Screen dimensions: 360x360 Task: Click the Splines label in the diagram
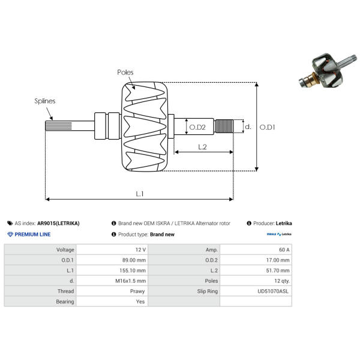(x=45, y=101)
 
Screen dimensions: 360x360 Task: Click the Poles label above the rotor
(x=125, y=73)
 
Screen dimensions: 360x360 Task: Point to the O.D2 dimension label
(x=197, y=127)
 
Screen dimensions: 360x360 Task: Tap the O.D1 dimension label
(x=267, y=127)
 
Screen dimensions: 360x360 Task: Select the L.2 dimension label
(x=202, y=147)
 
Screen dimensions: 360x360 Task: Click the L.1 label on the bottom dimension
(x=140, y=194)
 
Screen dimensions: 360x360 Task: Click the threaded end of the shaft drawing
(x=224, y=126)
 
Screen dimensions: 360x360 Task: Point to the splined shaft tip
(x=59, y=126)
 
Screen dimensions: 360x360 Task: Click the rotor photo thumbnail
(x=328, y=71)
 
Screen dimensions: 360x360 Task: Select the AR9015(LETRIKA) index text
(x=58, y=223)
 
